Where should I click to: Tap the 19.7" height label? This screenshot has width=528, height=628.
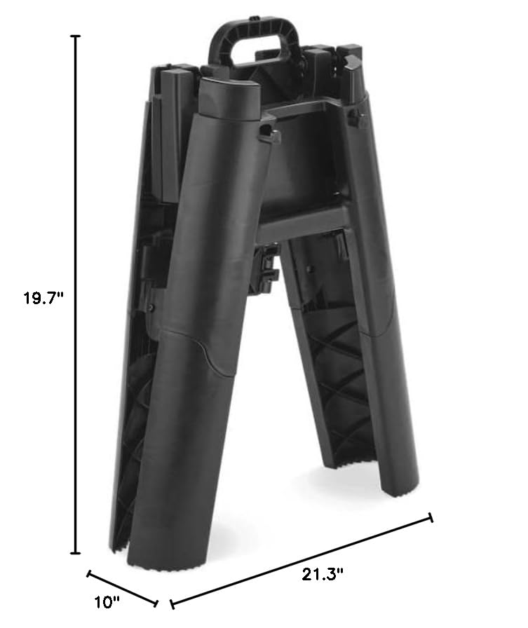[x=43, y=297]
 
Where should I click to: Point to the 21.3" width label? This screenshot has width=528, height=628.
[x=323, y=575]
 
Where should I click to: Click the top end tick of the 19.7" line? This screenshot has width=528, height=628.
[x=76, y=36]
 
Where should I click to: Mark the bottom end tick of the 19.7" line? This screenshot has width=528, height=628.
[x=76, y=554]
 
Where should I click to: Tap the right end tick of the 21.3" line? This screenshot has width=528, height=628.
[x=431, y=517]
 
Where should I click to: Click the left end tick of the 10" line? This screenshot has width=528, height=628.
[x=88, y=573]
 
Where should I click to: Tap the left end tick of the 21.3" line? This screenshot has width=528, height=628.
[x=171, y=603]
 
